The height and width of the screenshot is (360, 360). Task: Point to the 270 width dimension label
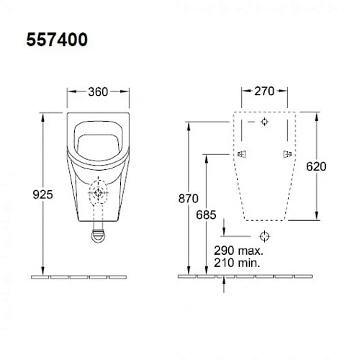pyautogui.click(x=265, y=91)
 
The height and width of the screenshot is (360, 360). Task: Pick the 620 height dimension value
pyautogui.click(x=316, y=166)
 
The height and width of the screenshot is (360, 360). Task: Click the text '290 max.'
pyautogui.click(x=238, y=252)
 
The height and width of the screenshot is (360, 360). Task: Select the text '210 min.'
pyautogui.click(x=238, y=264)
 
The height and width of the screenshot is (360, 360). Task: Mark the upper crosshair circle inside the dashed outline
pyautogui.click(x=265, y=122)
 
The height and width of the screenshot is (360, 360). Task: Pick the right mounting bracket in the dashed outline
pyautogui.click(x=288, y=154)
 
